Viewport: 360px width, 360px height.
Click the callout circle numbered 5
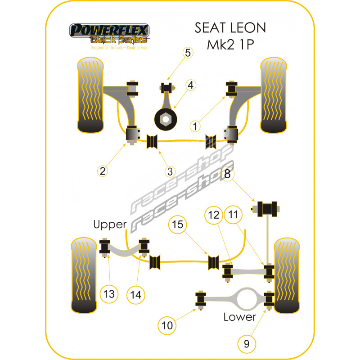click(x=188, y=53)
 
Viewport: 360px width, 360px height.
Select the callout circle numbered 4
click(x=191, y=85)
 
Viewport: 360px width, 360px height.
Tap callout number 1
click(x=195, y=126)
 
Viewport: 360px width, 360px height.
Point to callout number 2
click(x=103, y=171)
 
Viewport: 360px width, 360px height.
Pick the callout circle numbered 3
click(x=170, y=171)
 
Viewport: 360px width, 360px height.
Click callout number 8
click(x=227, y=174)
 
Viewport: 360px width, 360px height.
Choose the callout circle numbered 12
click(x=214, y=215)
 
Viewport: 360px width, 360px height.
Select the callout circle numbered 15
click(x=177, y=225)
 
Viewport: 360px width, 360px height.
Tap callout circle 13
click(x=109, y=294)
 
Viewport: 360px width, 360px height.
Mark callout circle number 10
click(x=167, y=325)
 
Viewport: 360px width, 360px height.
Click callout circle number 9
click(x=247, y=344)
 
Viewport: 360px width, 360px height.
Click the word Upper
click(x=110, y=225)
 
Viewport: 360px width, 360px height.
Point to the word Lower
click(x=240, y=317)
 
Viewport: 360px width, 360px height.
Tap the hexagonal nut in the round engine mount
click(x=166, y=119)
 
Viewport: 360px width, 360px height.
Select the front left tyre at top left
click(x=90, y=95)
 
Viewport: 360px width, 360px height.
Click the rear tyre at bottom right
click(x=287, y=275)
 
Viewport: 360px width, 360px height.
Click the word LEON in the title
click(x=248, y=28)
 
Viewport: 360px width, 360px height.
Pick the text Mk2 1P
click(x=230, y=44)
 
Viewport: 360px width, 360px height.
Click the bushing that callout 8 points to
click(x=267, y=209)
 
